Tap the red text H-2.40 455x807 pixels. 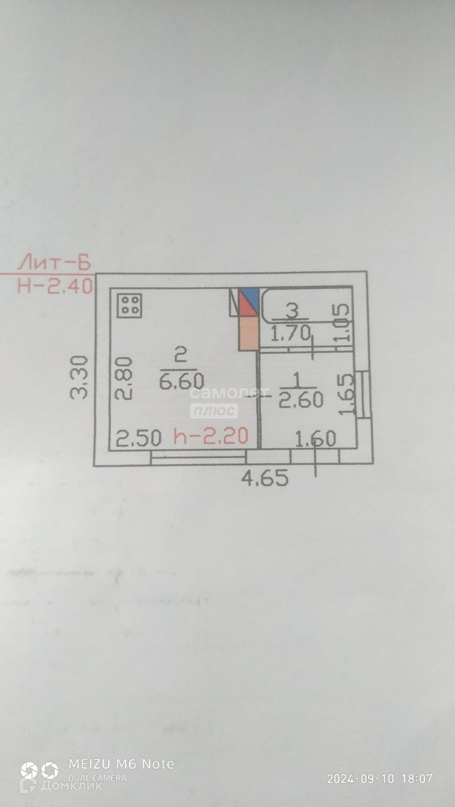coord(55,286)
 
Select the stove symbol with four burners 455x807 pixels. coord(130,305)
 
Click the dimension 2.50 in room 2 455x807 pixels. coord(138,438)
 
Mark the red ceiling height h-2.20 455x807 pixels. coord(211,436)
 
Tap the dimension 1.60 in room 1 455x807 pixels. coord(315,439)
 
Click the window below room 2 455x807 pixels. coord(198,457)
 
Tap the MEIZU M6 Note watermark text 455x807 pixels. coord(121,764)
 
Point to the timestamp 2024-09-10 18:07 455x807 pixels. coord(379,779)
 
